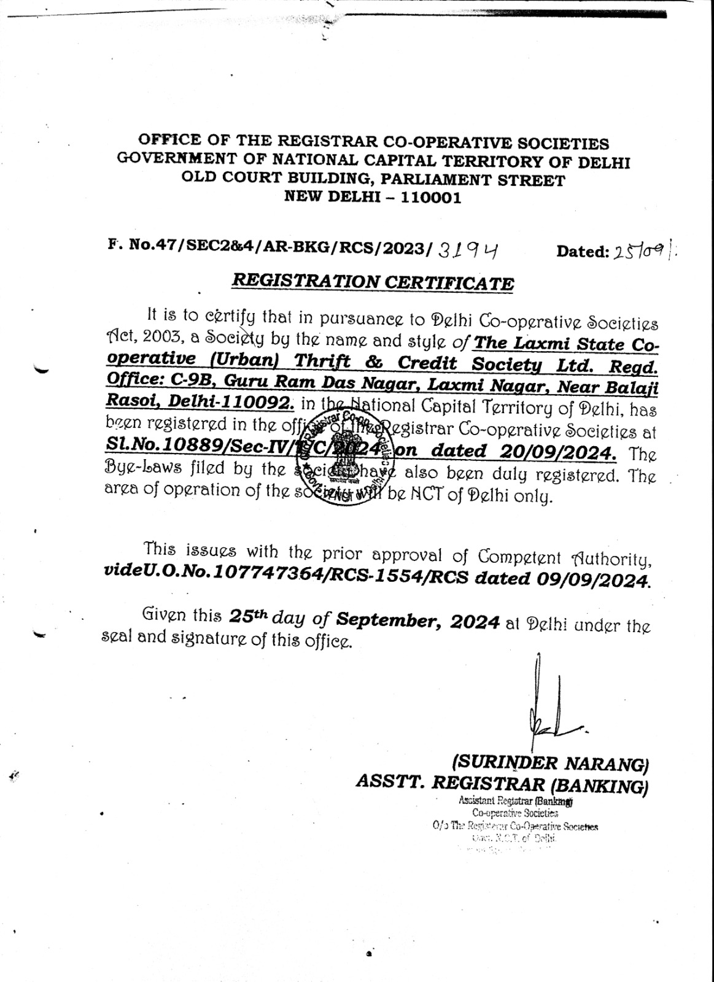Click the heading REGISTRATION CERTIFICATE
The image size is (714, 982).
[372, 282]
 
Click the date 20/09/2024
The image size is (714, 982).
[556, 451]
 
